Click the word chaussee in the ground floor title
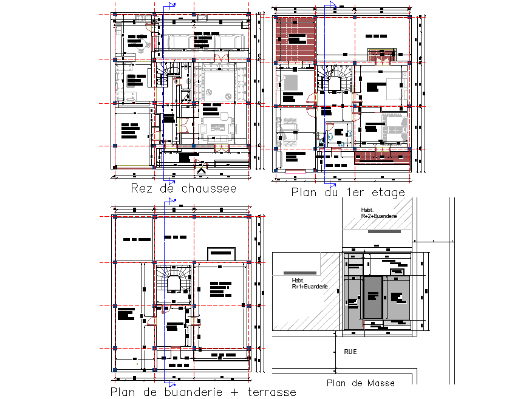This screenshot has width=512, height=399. point(209,189)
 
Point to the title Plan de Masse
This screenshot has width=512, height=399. point(360,383)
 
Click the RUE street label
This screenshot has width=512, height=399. point(350,352)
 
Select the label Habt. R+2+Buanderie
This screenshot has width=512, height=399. point(378,213)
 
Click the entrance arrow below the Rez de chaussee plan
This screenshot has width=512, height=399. point(201,171)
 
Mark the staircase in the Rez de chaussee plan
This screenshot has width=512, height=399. point(165,76)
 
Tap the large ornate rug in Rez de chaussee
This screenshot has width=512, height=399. point(217,87)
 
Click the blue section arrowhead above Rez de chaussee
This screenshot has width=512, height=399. point(173,5)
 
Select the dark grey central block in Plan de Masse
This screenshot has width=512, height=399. point(372,297)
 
